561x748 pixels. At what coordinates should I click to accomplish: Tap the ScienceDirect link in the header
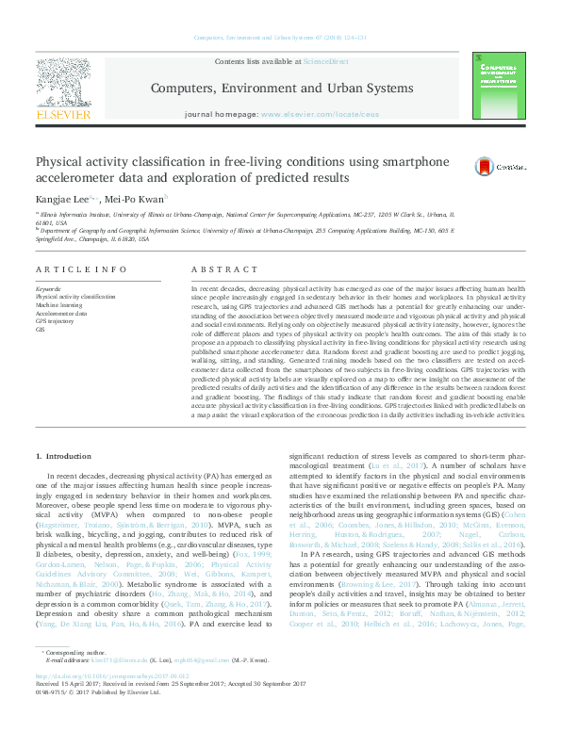coord(325,61)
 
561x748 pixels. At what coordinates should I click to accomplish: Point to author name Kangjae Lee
coord(61,200)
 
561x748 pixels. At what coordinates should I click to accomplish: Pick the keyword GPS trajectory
coord(56,321)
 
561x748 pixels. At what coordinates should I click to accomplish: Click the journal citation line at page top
coord(280,38)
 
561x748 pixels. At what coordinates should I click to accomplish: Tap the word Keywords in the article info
coord(48,287)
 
